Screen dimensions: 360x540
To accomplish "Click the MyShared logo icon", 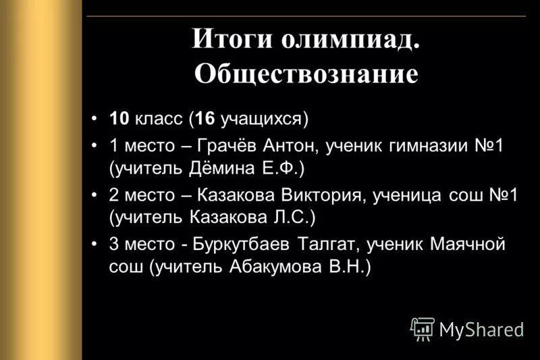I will coord(422,328).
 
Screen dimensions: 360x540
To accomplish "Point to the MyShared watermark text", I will coord(481,330).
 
